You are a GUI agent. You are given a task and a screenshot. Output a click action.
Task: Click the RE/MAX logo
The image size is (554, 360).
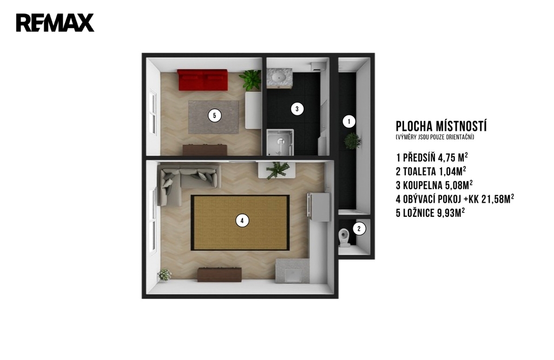coord(55,23)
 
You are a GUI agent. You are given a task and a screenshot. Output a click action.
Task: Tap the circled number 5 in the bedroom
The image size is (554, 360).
coord(214,116)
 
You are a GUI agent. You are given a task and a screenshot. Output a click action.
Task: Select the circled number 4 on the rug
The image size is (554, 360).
coord(242,221)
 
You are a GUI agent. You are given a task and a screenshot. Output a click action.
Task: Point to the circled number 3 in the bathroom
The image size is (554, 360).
coord(297,109)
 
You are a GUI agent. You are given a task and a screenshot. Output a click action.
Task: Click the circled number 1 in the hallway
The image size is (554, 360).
coord(349,122)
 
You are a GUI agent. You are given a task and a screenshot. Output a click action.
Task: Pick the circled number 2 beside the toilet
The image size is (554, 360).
coord(359,229)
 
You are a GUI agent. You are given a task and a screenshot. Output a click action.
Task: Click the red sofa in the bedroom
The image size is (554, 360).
coord(202,80)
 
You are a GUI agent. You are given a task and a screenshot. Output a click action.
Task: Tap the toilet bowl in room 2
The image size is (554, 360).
coord(344,237)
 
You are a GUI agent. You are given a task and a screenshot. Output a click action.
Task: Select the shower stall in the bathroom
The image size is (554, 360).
coord(280,142)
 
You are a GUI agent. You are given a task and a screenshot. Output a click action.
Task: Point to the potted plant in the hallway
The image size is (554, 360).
coord(352,141)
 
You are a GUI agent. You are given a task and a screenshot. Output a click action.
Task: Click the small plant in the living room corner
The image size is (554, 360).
coord(164,275)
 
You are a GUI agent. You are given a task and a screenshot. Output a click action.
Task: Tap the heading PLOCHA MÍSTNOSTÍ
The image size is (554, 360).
coord(441,126)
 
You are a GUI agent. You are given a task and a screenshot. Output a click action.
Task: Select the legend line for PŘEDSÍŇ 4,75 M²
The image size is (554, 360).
coord(432,157)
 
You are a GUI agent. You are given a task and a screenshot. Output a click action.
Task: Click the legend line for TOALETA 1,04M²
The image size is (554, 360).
coord(431,171)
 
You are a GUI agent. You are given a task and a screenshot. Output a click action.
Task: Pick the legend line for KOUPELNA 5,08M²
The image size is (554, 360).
coord(434,185)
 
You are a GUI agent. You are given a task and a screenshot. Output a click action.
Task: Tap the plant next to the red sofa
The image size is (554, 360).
coord(250,79)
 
